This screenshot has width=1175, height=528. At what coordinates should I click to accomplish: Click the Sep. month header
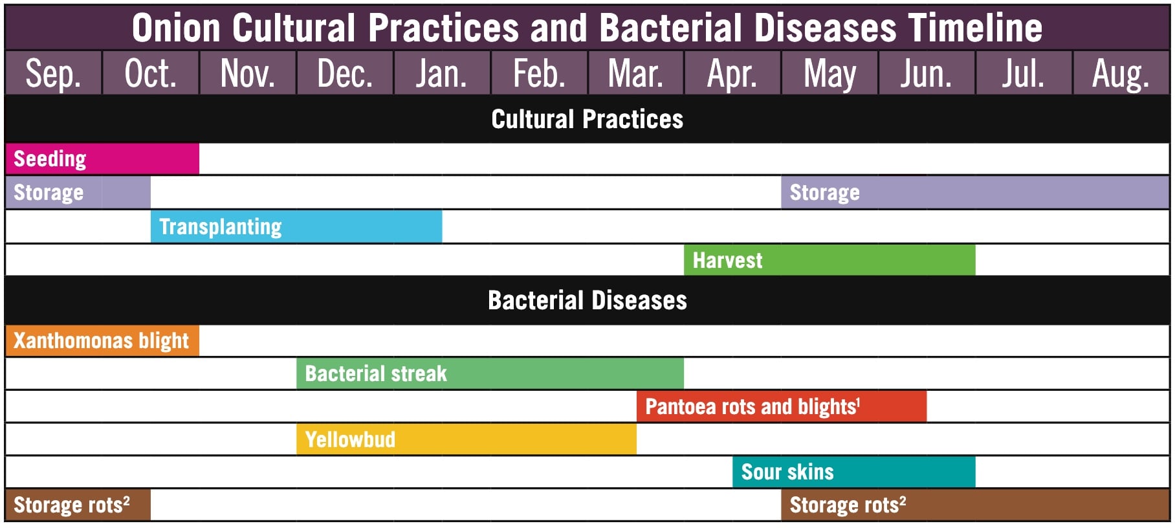click(53, 73)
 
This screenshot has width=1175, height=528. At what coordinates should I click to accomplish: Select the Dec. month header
click(345, 73)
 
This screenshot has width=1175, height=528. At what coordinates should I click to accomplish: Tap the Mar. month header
click(635, 73)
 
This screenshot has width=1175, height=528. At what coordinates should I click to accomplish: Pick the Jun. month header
click(927, 73)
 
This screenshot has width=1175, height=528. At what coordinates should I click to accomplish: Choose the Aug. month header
click(1121, 73)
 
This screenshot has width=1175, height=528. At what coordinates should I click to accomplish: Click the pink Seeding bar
click(102, 159)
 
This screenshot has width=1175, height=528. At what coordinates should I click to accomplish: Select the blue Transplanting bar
click(296, 226)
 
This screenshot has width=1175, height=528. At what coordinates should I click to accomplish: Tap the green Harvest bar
click(829, 260)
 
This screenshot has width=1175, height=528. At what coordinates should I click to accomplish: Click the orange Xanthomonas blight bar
click(102, 341)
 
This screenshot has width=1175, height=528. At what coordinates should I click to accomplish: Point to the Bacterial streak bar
click(490, 374)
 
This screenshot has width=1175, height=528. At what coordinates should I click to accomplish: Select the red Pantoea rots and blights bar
click(782, 406)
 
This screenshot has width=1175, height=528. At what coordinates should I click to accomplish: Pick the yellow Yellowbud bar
click(467, 439)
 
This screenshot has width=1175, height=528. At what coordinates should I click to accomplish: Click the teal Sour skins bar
click(854, 472)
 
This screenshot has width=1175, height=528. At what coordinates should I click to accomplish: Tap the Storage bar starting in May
click(975, 193)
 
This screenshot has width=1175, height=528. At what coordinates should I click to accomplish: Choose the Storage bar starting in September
click(78, 193)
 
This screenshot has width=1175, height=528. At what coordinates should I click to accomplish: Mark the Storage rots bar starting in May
click(975, 505)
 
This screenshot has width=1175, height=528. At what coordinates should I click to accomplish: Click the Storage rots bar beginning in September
click(78, 505)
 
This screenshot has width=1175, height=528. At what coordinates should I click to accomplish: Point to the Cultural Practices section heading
click(587, 119)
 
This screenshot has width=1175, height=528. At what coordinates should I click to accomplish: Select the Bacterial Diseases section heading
click(587, 300)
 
